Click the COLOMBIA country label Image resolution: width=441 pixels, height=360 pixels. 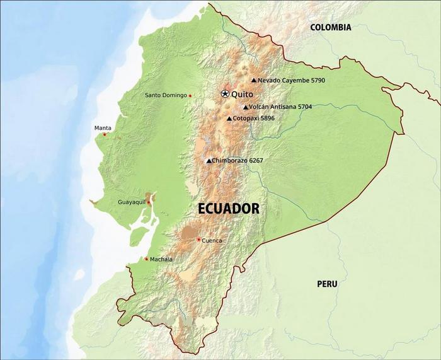tap(330, 27)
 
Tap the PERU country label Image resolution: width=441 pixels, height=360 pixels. tap(327, 284)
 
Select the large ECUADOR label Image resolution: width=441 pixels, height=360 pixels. tap(229, 209)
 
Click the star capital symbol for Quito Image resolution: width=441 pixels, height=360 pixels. tap(225, 94)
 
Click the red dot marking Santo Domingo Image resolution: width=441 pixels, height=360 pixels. tap(190, 96)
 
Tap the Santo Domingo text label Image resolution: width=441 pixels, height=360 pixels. tap(166, 95)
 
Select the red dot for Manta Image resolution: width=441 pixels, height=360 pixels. tap(105, 134)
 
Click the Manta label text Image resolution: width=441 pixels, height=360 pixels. tap(103, 128)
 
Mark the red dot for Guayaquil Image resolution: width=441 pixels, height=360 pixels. tap(149, 202)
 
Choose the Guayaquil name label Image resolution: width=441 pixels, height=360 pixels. tap(131, 202)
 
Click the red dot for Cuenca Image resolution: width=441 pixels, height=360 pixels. tap(198, 239)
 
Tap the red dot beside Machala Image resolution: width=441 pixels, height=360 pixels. tap(146, 259)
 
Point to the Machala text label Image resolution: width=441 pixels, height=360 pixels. tap(161, 259)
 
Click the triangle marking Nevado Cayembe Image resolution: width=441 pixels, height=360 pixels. tap(254, 81)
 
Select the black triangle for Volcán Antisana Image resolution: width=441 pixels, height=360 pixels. tap(246, 107)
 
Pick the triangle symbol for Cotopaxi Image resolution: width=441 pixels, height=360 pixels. tap(229, 119)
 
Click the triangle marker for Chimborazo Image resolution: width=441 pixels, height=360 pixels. tap(209, 161)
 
